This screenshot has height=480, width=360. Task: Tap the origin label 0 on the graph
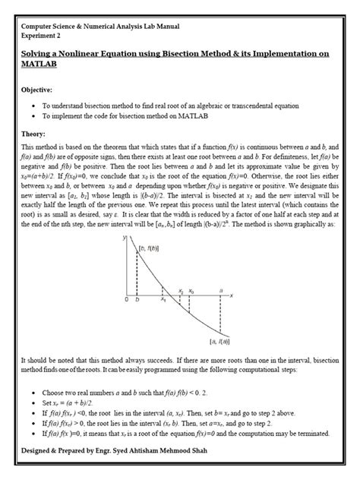click(x=128, y=300)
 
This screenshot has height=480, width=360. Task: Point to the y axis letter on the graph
click(x=125, y=238)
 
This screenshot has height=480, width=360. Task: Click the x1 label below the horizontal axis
click(x=163, y=300)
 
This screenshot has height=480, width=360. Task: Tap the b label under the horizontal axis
click(x=137, y=300)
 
